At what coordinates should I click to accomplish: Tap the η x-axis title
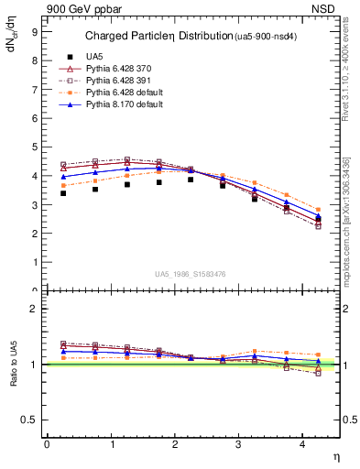[335, 457]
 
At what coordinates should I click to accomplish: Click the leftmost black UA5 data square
[62, 193]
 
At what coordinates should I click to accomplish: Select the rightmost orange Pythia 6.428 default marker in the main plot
[318, 209]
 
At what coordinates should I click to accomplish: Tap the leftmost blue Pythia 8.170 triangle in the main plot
[62, 176]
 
